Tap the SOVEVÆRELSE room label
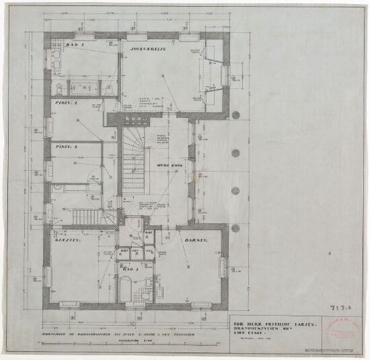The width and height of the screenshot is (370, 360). (153, 46)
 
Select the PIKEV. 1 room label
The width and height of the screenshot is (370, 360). (67, 104)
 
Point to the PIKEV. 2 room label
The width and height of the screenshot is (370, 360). (67, 146)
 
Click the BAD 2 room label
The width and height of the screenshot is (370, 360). (132, 268)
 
